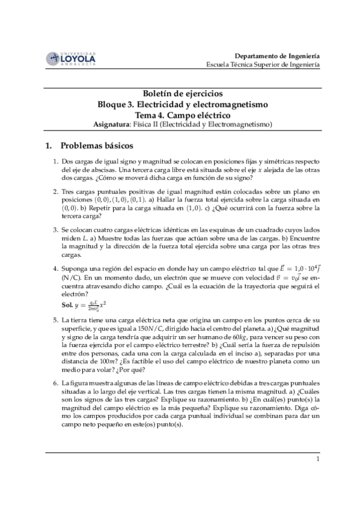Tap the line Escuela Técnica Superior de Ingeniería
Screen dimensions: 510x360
pos(263,64)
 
